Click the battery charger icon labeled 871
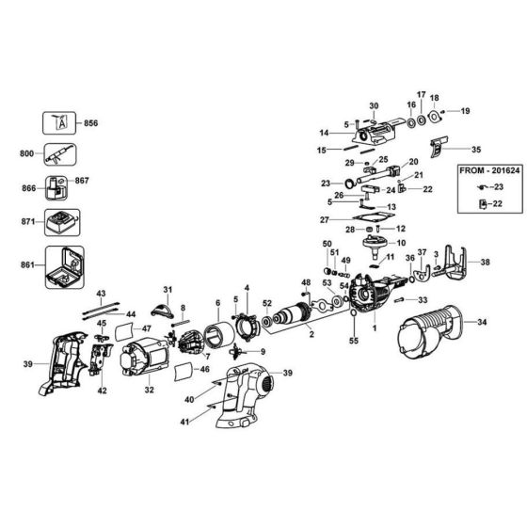coord(65,224)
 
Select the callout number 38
coord(486,263)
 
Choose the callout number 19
coord(464,112)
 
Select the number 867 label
coord(82,181)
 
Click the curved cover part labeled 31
coord(166,305)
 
